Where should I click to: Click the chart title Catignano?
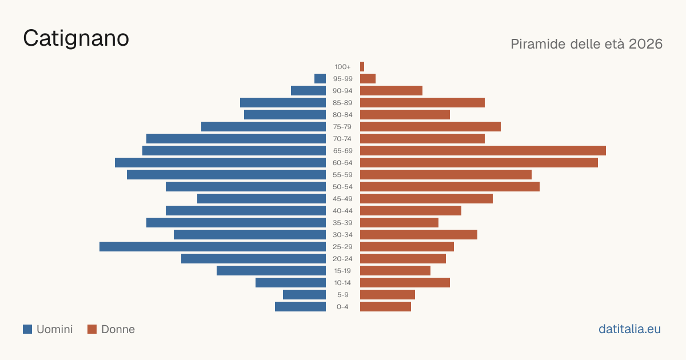point(76,38)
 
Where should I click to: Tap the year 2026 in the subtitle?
point(645,44)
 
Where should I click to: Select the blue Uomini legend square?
point(27,329)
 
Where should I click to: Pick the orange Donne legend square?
point(92,329)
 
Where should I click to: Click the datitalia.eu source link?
point(629,329)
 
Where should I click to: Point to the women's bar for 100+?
point(362,66)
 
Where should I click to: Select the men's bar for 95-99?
point(320,79)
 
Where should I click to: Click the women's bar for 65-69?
point(483,151)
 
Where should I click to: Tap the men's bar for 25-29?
point(213,247)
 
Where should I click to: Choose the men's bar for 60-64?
point(221,162)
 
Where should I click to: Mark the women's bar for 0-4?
point(385,307)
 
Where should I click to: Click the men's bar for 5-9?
point(304,295)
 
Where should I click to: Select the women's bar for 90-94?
point(391,91)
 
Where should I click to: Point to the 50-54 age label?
point(342,187)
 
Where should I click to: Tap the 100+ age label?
point(342,67)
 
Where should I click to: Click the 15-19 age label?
point(342,271)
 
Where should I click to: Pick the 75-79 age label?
point(342,127)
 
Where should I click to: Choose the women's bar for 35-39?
point(399,222)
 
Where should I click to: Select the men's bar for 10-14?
point(290,282)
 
